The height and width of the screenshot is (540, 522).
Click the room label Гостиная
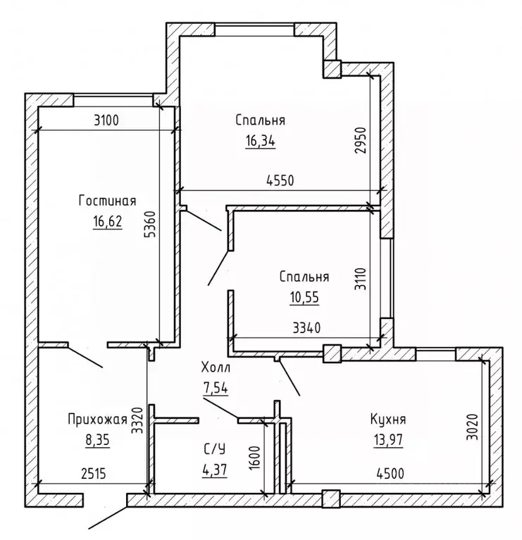pyautogui.click(x=108, y=201)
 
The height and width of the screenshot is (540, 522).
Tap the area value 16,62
pyautogui.click(x=108, y=221)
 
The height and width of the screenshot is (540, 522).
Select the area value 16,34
pyautogui.click(x=261, y=141)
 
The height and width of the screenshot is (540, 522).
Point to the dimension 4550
pyautogui.click(x=280, y=180)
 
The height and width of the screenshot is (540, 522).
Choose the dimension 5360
pyautogui.click(x=151, y=224)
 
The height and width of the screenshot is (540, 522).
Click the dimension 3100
pyautogui.click(x=106, y=120)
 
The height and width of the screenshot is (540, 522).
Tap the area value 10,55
pyautogui.click(x=304, y=297)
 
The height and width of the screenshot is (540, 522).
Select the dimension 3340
pyautogui.click(x=306, y=328)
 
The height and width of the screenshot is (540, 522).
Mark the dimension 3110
pyautogui.click(x=361, y=279)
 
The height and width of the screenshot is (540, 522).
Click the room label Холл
pyautogui.click(x=216, y=368)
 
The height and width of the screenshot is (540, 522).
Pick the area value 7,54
pyautogui.click(x=215, y=389)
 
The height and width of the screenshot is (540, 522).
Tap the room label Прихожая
pyautogui.click(x=97, y=420)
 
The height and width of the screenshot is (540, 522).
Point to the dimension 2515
pyautogui.click(x=94, y=474)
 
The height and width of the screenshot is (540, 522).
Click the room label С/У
pyautogui.click(x=215, y=448)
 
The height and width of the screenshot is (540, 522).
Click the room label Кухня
pyautogui.click(x=388, y=419)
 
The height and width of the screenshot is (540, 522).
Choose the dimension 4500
pyautogui.click(x=390, y=474)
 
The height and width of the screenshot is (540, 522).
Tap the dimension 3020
pyautogui.click(x=473, y=427)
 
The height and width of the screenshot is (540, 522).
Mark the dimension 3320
pyautogui.click(x=138, y=425)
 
